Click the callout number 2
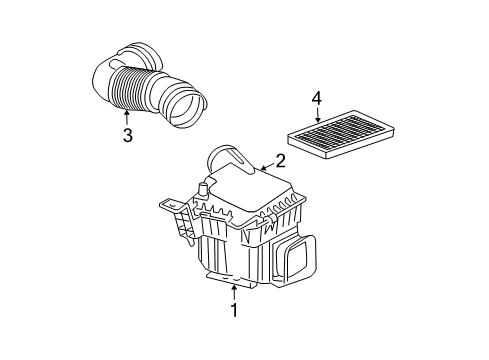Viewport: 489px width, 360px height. [x=280, y=159]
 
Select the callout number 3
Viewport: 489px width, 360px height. [x=127, y=135]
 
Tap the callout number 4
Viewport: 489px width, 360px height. [x=316, y=98]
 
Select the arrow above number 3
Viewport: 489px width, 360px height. [x=127, y=116]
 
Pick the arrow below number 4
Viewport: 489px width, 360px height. [x=316, y=117]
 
